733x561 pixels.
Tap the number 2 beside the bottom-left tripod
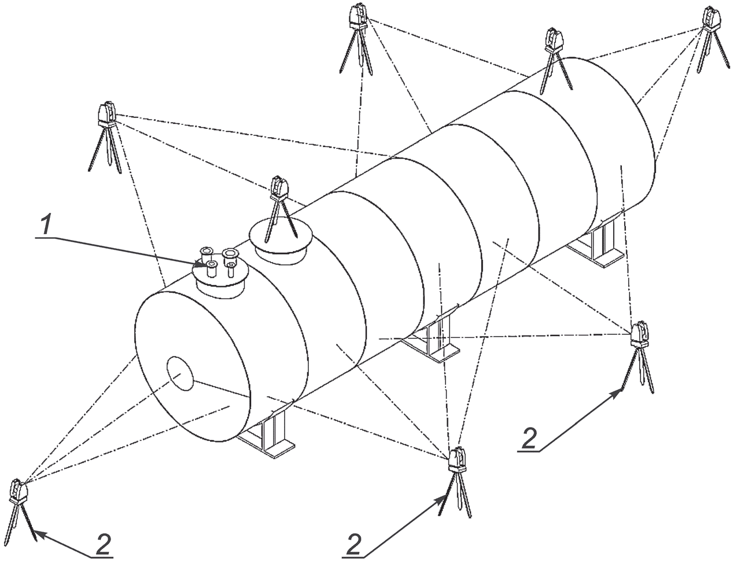[x=103, y=544]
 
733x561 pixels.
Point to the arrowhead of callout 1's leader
[x=202, y=264]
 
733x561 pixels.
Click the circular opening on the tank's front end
[x=181, y=373]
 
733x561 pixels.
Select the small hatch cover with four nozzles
[x=220, y=273]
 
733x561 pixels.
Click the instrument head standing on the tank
[x=279, y=188]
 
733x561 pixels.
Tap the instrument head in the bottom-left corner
[x=17, y=491]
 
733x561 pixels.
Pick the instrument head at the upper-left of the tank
[x=107, y=114]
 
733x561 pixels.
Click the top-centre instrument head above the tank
[x=359, y=16]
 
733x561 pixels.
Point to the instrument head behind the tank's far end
[x=554, y=40]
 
